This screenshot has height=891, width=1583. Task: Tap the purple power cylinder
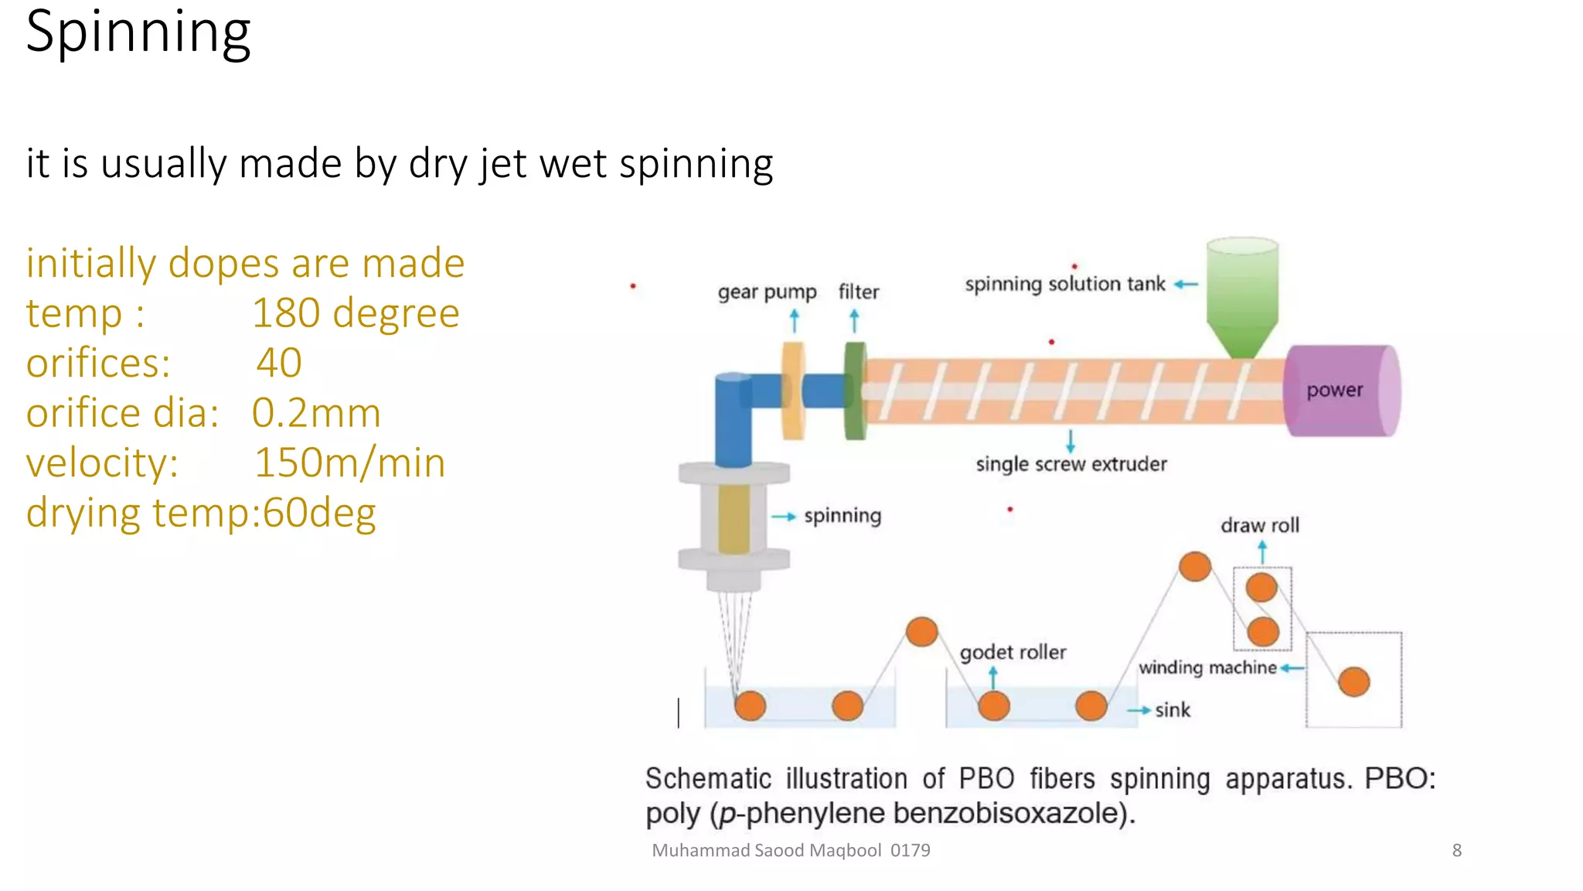(1341, 391)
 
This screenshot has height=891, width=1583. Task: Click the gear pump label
(767, 292)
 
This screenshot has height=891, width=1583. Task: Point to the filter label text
(859, 292)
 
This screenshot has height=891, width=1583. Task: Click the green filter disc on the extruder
(854, 391)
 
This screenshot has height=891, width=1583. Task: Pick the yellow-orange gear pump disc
(794, 391)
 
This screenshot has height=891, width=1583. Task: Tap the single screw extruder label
(1071, 464)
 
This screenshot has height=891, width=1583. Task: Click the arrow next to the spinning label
(784, 517)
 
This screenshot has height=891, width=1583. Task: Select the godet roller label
(1013, 652)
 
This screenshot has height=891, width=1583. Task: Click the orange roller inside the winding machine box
(1353, 682)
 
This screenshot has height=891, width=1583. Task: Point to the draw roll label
(1259, 525)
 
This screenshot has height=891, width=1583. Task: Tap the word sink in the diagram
(1172, 710)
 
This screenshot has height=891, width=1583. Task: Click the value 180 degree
(356, 313)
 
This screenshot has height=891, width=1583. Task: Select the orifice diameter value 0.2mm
(316, 413)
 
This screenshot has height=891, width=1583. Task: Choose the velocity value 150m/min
(349, 463)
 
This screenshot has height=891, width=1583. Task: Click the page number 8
(1456, 850)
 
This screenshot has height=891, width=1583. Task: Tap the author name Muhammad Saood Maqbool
(766, 850)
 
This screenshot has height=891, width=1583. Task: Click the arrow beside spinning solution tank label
(1186, 285)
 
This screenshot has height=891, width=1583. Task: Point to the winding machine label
(1207, 667)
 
